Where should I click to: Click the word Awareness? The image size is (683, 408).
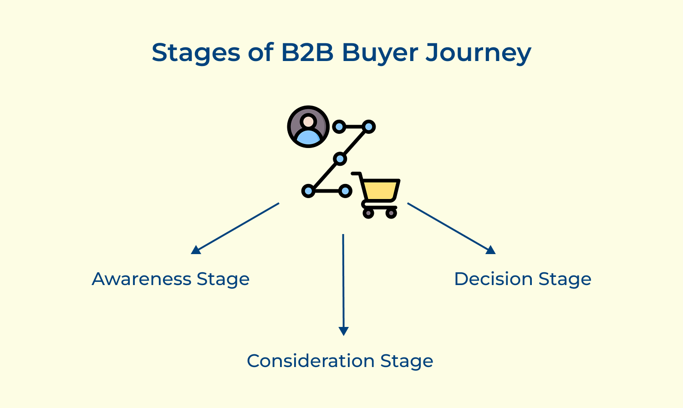pyautogui.click(x=141, y=279)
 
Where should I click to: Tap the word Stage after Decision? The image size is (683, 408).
pyautogui.click(x=565, y=279)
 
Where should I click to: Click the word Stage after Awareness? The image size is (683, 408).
pyautogui.click(x=223, y=279)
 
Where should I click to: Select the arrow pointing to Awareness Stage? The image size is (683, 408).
pyautogui.click(x=235, y=228)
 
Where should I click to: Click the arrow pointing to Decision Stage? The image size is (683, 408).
pyautogui.click(x=451, y=228)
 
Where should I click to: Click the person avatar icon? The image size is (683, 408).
pyautogui.click(x=308, y=127)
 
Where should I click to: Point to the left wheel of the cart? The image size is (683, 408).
pyautogui.click(x=368, y=213)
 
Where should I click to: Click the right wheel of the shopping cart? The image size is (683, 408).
pyautogui.click(x=391, y=213)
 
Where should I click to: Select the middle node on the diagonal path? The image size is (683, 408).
pyautogui.click(x=340, y=159)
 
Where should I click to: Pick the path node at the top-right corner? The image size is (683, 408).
pyautogui.click(x=369, y=127)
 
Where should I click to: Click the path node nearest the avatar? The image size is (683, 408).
pyautogui.click(x=339, y=127)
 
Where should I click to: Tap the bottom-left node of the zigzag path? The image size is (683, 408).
pyautogui.click(x=308, y=191)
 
